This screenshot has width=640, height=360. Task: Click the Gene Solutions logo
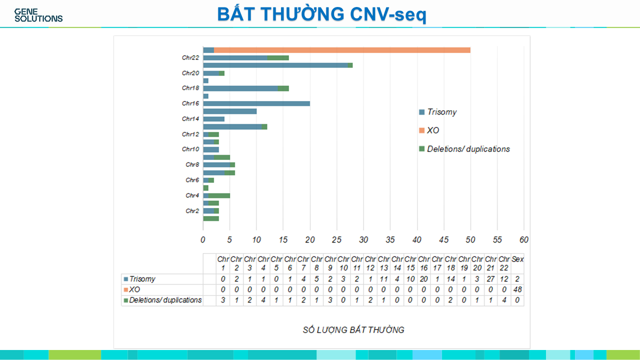[38, 15]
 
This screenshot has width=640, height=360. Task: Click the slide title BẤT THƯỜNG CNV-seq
[321, 14]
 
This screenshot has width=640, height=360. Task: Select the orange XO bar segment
[342, 50]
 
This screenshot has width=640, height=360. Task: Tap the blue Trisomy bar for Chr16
[256, 103]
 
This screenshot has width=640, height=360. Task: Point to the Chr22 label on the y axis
[190, 57]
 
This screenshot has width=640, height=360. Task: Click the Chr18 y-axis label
[190, 88]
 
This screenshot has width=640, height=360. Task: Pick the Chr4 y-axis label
[192, 195]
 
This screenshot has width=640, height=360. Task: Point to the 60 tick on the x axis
[523, 240]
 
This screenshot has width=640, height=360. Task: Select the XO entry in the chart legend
[433, 130]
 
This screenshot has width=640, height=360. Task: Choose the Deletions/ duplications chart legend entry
[468, 149]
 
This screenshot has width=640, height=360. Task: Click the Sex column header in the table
[517, 259]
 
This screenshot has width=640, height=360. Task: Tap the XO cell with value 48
[517, 289]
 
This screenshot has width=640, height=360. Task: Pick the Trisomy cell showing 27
[490, 279]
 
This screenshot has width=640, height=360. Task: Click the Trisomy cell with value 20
[423, 279]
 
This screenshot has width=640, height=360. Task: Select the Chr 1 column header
[222, 263]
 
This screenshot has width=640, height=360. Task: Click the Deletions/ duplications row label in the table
[165, 300]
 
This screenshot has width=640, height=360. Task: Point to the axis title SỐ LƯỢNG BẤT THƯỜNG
[353, 330]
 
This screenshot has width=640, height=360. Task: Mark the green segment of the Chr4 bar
[219, 195]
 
